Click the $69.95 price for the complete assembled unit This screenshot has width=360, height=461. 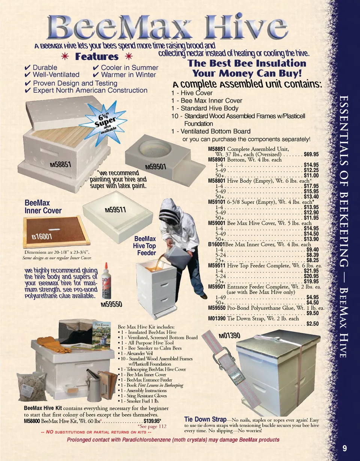pos(311,154)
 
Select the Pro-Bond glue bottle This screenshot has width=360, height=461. pos(106,281)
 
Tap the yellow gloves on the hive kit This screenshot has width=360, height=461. pos(50,342)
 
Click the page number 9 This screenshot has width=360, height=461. pos(345,449)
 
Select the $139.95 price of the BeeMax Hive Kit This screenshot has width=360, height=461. pos(152,421)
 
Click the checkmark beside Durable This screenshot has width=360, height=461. pos(27,68)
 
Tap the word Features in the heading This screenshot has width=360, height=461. pos(97,57)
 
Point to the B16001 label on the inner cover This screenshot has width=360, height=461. pos(42,236)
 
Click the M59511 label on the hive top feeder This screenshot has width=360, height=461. pos(115,210)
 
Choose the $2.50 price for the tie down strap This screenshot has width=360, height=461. pos(312,324)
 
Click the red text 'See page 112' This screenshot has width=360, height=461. pos(152,426)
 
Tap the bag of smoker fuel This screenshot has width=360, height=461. pos(32,386)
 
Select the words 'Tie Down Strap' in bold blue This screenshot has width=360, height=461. pos(205,419)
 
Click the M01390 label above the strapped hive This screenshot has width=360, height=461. pos(229,336)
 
